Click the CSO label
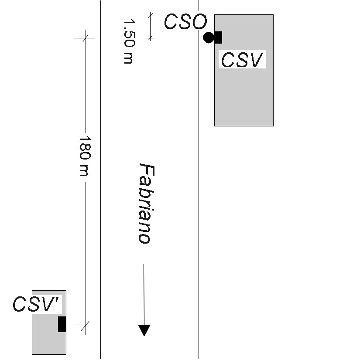185,22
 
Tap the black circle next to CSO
209,37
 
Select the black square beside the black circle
218,37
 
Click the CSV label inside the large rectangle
242,60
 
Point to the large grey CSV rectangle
243,96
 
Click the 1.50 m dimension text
128,41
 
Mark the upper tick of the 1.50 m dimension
151,15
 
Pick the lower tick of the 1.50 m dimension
151,39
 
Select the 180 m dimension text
85,156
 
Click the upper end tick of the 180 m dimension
86,38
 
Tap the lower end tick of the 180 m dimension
86,324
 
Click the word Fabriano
144,203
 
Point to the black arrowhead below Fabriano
144,330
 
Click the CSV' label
37,304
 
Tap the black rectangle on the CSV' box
62,324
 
